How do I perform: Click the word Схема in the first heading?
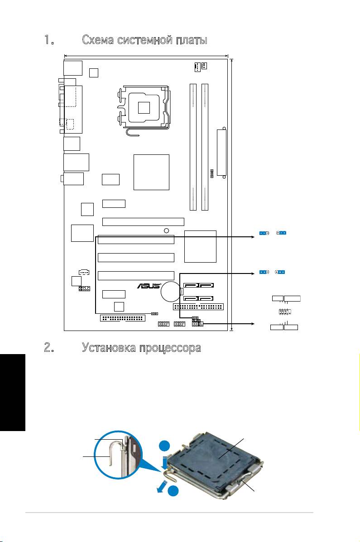click(100, 40)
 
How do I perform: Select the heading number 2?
click(49, 348)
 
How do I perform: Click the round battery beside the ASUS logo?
click(172, 292)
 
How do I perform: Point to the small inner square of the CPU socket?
click(144, 107)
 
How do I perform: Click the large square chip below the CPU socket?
click(151, 172)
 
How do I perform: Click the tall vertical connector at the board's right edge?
click(222, 153)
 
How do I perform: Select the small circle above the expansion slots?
click(167, 230)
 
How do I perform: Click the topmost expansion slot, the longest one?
click(143, 221)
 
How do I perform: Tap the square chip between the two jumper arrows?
click(201, 246)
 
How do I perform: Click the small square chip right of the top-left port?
click(94, 72)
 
